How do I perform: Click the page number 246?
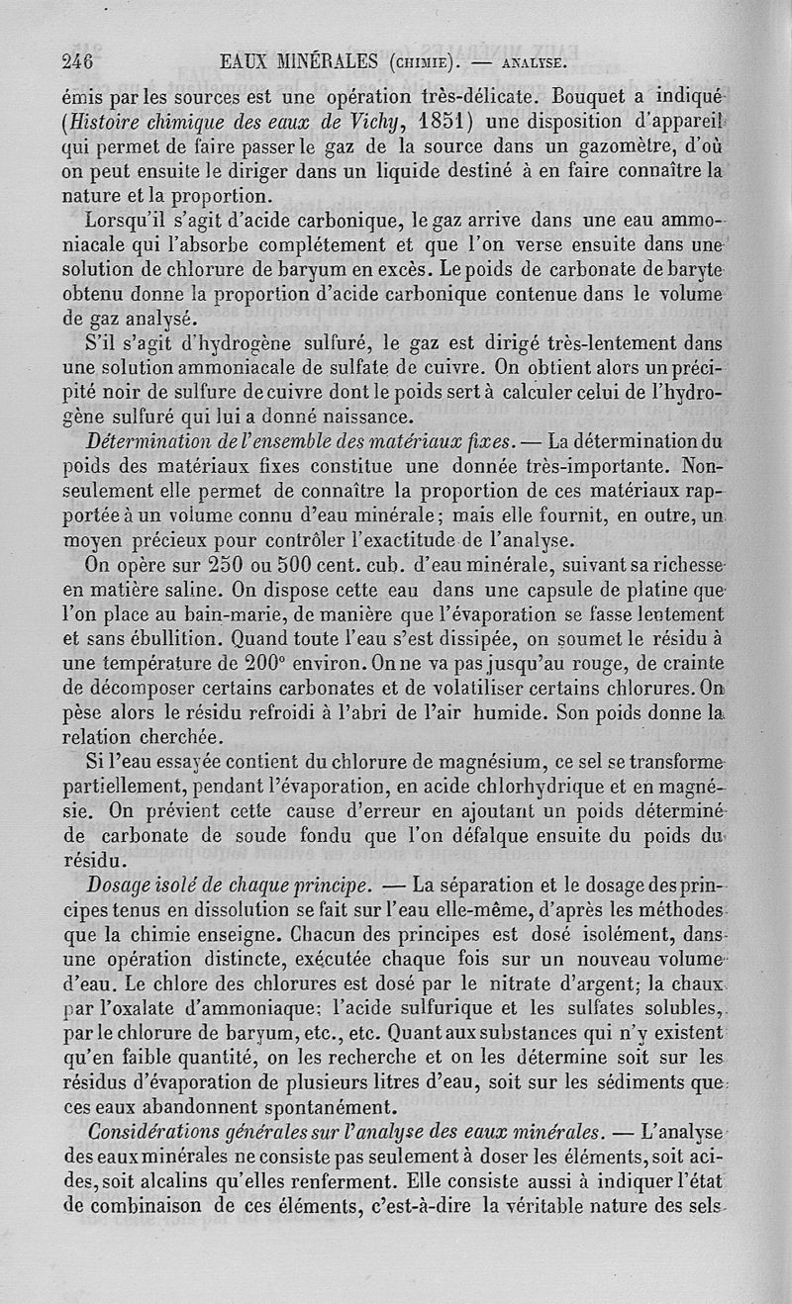(75, 61)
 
